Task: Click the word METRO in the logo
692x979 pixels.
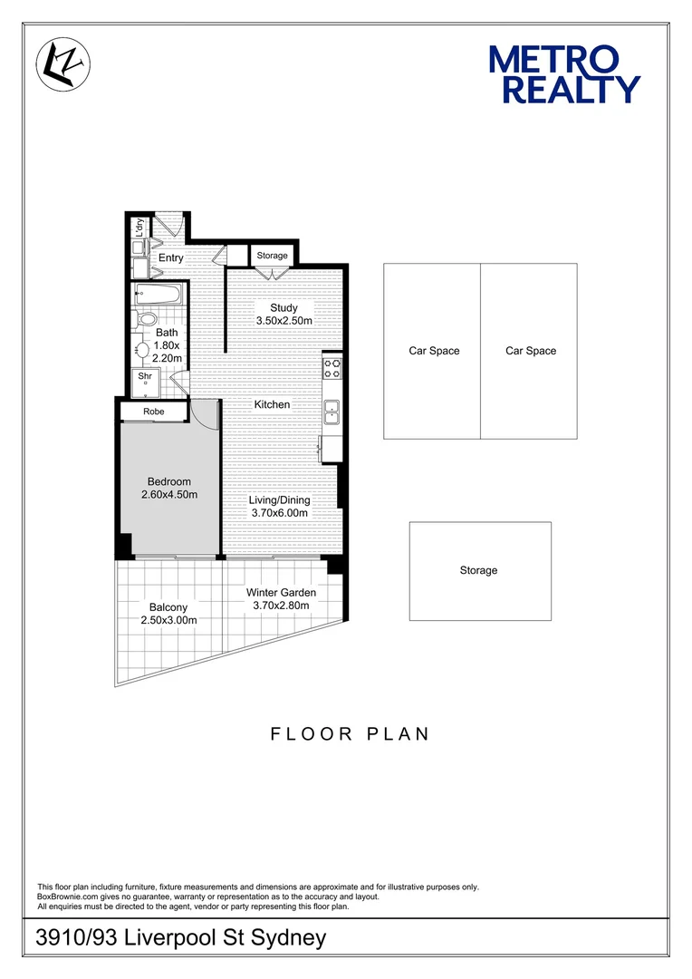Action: pos(553,60)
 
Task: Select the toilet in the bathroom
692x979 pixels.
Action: pos(146,320)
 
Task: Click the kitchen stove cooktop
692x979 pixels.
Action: pos(332,367)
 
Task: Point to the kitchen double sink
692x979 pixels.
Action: pos(332,412)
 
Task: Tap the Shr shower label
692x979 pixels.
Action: pos(144,375)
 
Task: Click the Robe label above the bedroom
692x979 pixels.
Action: pos(153,412)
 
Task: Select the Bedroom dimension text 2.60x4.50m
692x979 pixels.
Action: pos(169,495)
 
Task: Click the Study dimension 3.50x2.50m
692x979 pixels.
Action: pos(284,321)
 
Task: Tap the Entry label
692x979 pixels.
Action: pos(171,257)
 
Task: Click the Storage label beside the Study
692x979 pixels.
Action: pos(272,256)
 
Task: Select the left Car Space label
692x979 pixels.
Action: pos(434,351)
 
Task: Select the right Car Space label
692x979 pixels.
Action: pos(531,351)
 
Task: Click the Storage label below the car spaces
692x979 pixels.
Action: pos(478,570)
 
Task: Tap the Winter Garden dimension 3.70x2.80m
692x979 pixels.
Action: pos(281,606)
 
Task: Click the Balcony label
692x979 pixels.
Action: pos(168,607)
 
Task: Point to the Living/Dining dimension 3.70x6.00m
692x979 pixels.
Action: pos(280,513)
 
